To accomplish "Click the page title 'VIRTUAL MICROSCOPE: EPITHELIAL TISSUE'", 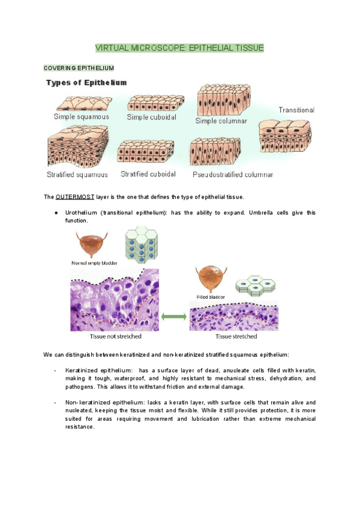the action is click(x=180, y=47).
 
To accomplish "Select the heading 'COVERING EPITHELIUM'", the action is click(x=79, y=68).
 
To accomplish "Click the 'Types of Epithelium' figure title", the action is click(x=86, y=83).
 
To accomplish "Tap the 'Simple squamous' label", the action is click(x=82, y=116).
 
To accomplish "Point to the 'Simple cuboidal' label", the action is click(x=151, y=117).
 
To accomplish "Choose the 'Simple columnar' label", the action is click(x=221, y=121).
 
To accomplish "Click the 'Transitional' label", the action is click(x=296, y=110).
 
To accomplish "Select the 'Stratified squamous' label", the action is click(x=77, y=175).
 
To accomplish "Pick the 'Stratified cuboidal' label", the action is click(x=148, y=174).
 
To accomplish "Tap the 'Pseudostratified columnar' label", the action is click(x=233, y=175).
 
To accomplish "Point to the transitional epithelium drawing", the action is click(x=286, y=134).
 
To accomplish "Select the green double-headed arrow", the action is click(x=173, y=315).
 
